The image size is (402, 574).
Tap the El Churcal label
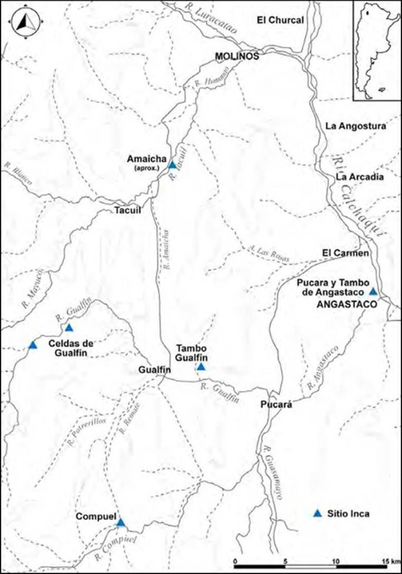pos(280,21)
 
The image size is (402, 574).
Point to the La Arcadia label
pos(361,176)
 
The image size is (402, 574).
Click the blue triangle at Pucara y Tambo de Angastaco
pos(373,291)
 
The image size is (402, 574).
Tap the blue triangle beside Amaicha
pos(172,165)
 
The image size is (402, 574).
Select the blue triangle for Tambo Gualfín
pos(201,366)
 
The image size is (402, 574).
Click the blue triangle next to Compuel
pos(121,523)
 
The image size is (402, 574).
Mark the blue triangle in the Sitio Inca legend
pos(317,513)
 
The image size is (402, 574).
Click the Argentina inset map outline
pos(374,51)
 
